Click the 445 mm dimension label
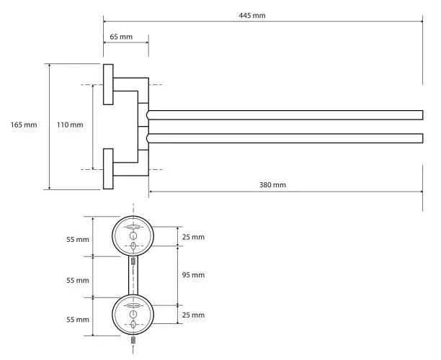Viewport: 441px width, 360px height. [x=252, y=15]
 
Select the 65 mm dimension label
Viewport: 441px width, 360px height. [x=121, y=37]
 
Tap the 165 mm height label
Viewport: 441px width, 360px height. [x=24, y=125]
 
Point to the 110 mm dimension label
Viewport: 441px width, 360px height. [x=70, y=125]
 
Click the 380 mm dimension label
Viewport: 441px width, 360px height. [x=272, y=185]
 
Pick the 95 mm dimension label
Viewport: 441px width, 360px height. [x=193, y=275]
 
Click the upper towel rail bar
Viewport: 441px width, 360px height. [x=285, y=115]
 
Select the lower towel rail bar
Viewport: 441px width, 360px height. [x=285, y=138]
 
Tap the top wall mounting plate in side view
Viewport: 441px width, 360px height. [x=108, y=84]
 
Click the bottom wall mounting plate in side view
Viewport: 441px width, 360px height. [x=108, y=169]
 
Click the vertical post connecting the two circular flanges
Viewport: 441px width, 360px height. [x=133, y=276]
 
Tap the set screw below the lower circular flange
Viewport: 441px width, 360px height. [x=133, y=340]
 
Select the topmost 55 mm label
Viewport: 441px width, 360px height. [x=78, y=240]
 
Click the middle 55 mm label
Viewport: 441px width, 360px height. [x=78, y=280]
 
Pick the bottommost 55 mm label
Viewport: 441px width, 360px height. [x=78, y=320]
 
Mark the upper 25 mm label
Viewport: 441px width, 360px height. [x=193, y=237]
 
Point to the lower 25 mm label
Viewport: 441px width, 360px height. [x=193, y=315]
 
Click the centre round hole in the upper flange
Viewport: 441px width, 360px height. [x=133, y=235]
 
